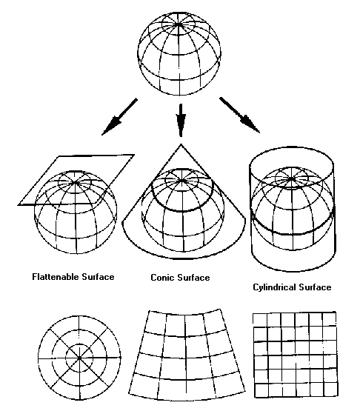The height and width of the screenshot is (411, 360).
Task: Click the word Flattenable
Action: (x=56, y=277)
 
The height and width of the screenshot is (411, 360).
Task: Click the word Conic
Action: (x=161, y=278)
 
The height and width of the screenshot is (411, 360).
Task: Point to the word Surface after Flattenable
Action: (x=98, y=277)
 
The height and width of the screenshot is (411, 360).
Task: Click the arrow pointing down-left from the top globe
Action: (x=119, y=117)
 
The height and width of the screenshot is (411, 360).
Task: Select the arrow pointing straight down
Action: (x=181, y=120)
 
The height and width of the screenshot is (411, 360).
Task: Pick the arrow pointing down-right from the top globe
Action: (x=240, y=115)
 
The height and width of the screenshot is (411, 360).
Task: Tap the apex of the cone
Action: (x=181, y=144)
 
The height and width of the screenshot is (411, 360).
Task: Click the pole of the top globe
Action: (x=179, y=24)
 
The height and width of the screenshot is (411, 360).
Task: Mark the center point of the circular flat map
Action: (x=79, y=358)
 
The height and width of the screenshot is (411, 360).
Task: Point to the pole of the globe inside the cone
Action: (x=182, y=181)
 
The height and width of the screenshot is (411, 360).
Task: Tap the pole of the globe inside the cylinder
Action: (x=291, y=179)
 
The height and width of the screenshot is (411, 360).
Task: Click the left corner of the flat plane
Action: (x=19, y=205)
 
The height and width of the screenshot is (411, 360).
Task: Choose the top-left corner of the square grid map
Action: (x=253, y=313)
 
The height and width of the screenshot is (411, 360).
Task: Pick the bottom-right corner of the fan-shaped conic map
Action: (x=245, y=392)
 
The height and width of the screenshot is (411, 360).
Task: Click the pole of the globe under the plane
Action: (x=76, y=182)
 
